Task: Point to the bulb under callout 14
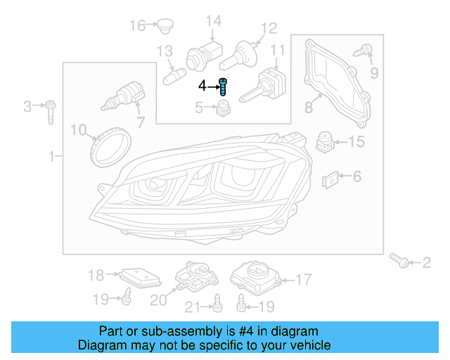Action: click(x=200, y=55)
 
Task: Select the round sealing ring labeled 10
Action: click(x=110, y=143)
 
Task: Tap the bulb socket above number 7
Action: click(x=124, y=94)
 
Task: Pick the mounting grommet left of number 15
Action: click(x=324, y=141)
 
